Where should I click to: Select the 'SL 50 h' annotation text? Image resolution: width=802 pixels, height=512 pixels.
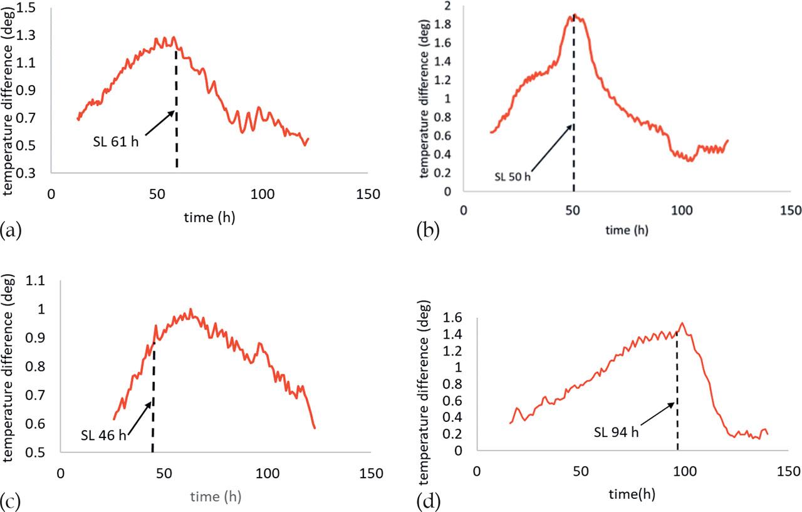pos(512,177)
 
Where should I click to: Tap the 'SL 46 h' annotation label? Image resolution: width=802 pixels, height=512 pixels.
pos(103,434)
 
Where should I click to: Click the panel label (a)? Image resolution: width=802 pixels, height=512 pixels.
pos(12,230)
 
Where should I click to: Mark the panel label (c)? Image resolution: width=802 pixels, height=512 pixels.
pos(12,501)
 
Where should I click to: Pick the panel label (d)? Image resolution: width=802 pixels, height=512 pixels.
pos(427,501)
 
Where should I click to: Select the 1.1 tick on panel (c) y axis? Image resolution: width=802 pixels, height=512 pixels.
pos(36,282)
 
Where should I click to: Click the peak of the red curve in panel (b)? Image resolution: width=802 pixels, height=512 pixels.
pos(575,14)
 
